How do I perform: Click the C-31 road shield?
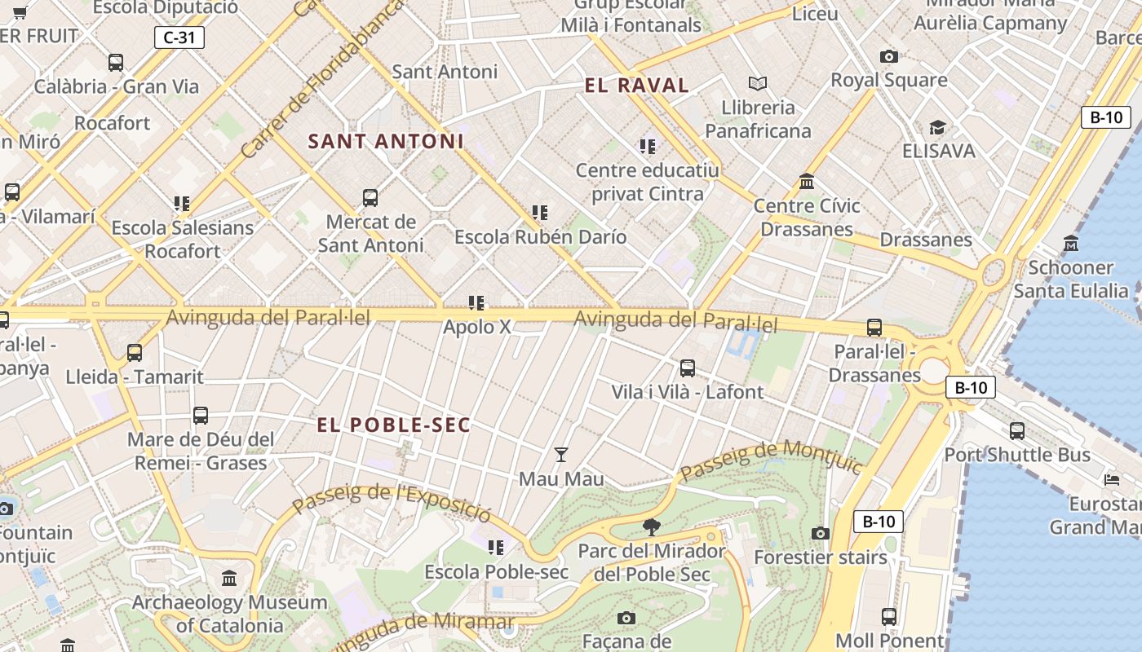pyautogui.click(x=179, y=37)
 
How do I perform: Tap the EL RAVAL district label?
pyautogui.click(x=637, y=86)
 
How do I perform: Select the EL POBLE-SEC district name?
pyautogui.click(x=394, y=425)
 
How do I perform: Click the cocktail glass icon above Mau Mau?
pyautogui.click(x=561, y=454)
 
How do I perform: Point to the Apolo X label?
pyautogui.click(x=477, y=327)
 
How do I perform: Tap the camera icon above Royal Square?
pyautogui.click(x=889, y=56)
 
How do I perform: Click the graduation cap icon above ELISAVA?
pyautogui.click(x=937, y=127)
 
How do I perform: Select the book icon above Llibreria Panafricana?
pyautogui.click(x=758, y=83)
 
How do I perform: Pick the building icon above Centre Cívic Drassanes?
pyautogui.click(x=807, y=181)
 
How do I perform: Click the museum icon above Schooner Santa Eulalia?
pyautogui.click(x=1071, y=243)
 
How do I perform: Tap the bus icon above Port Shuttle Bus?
pyautogui.click(x=1017, y=430)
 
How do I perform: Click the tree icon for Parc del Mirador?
pyautogui.click(x=651, y=527)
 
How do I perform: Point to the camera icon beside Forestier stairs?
pyautogui.click(x=821, y=533)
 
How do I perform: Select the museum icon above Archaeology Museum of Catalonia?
pyautogui.click(x=229, y=579)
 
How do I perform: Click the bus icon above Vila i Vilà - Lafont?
pyautogui.click(x=688, y=368)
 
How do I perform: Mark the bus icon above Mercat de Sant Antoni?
pyautogui.click(x=370, y=197)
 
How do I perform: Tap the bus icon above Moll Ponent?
pyautogui.click(x=889, y=616)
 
